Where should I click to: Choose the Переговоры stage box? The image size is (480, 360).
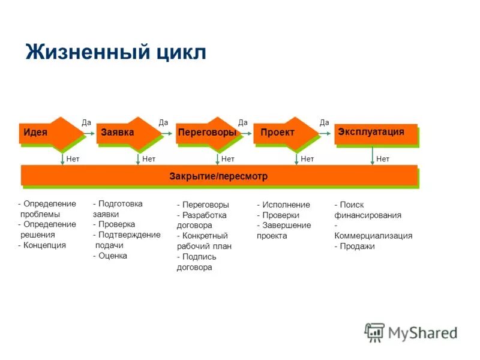pyautogui.click(x=206, y=133)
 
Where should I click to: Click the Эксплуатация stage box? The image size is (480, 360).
pyautogui.click(x=375, y=133)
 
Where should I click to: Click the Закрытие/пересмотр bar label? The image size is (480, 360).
pyautogui.click(x=219, y=176)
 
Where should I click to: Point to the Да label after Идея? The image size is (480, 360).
pyautogui.click(x=86, y=122)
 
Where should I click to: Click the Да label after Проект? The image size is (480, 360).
pyautogui.click(x=324, y=122)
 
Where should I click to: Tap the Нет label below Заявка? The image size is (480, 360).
pyautogui.click(x=149, y=159)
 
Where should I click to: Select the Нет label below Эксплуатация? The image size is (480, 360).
pyautogui.click(x=383, y=159)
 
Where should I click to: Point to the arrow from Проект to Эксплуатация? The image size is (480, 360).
pyautogui.click(x=326, y=133)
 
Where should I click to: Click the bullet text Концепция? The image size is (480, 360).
pyautogui.click(x=44, y=245)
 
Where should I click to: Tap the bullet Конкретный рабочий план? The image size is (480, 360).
pyautogui.click(x=204, y=241)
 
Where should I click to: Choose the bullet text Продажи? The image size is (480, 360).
pyautogui.click(x=356, y=246)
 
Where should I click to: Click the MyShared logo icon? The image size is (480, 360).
pyautogui.click(x=374, y=332)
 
